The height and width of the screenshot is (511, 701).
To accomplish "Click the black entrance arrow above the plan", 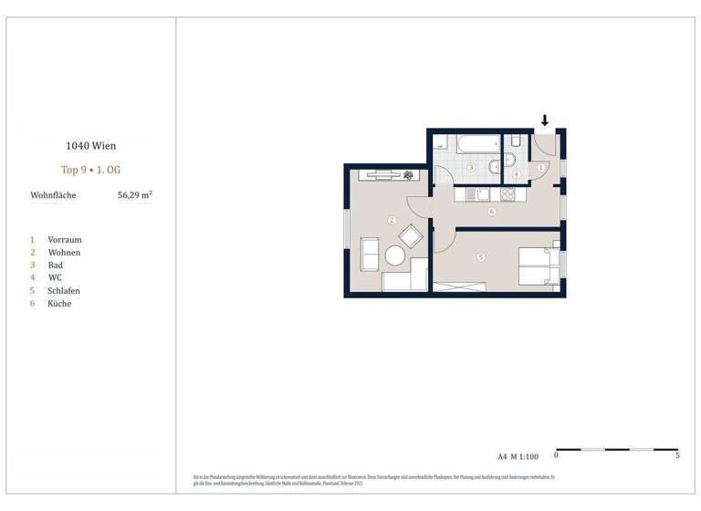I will (x=545, y=120).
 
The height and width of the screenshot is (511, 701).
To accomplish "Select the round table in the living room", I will (x=395, y=256).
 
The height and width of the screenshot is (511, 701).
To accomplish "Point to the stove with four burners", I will (x=507, y=194).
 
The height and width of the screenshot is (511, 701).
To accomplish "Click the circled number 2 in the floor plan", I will (x=391, y=219).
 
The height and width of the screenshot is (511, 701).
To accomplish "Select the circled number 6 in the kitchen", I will (x=491, y=212).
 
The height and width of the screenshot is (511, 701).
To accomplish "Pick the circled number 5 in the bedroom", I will (x=481, y=257).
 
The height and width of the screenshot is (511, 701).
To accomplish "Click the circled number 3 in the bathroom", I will (x=471, y=168).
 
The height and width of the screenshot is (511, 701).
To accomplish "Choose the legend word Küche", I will (x=59, y=304).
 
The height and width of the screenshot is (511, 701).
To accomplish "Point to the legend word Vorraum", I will (x=65, y=240).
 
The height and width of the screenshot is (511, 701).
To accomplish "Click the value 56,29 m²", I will (x=134, y=194).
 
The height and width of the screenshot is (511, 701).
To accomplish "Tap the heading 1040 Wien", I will (x=90, y=145).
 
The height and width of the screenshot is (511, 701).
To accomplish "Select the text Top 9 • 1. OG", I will (x=90, y=170).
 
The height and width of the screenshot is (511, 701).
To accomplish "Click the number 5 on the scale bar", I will (x=676, y=455).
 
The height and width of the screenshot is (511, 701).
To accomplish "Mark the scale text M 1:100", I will (x=525, y=455).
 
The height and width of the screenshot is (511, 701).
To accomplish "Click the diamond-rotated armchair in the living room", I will (x=411, y=236).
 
